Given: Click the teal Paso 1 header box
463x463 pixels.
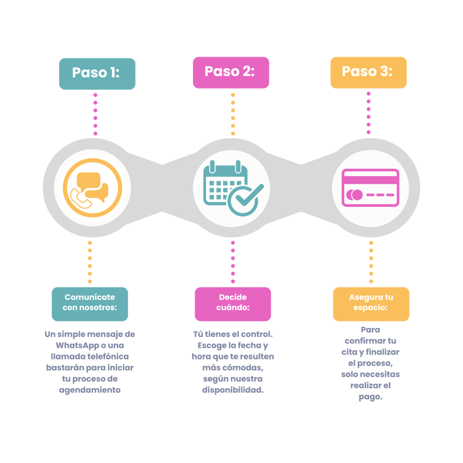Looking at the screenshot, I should coord(96,73).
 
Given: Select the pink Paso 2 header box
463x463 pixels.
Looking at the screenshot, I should coord(230,72).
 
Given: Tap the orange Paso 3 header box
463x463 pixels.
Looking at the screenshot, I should coord(368,72).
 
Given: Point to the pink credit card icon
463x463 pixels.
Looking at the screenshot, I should coord(370,187).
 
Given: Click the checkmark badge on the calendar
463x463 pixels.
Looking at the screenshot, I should coord(245,199).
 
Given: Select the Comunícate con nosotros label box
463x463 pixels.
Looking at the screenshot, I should coord(89,303).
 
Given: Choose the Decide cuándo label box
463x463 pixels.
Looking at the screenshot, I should coord(233,303).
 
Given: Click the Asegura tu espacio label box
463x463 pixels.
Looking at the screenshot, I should coord(371,303).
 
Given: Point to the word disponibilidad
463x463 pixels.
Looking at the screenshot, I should coord(233,390).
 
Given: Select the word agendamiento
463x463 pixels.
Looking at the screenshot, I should coord(89,390).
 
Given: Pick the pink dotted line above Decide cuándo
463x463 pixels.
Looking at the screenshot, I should coord(233,262).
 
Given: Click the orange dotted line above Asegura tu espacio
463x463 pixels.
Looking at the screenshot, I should coord(371,262).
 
